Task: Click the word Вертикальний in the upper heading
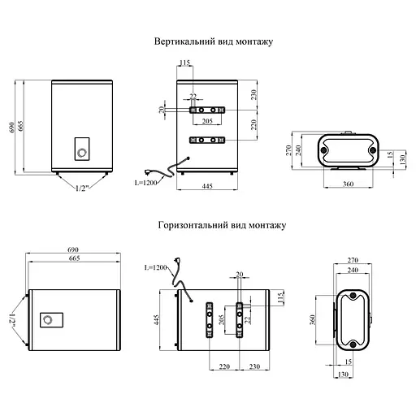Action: click(185, 41)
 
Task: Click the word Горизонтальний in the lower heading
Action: click(193, 225)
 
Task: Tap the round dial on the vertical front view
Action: click(81, 153)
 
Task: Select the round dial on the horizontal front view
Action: click(48, 319)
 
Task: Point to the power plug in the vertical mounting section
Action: click(149, 171)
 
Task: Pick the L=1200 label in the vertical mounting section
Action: click(145, 183)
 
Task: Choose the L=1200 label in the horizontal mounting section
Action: click(155, 267)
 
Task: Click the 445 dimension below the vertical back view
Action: click(207, 186)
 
